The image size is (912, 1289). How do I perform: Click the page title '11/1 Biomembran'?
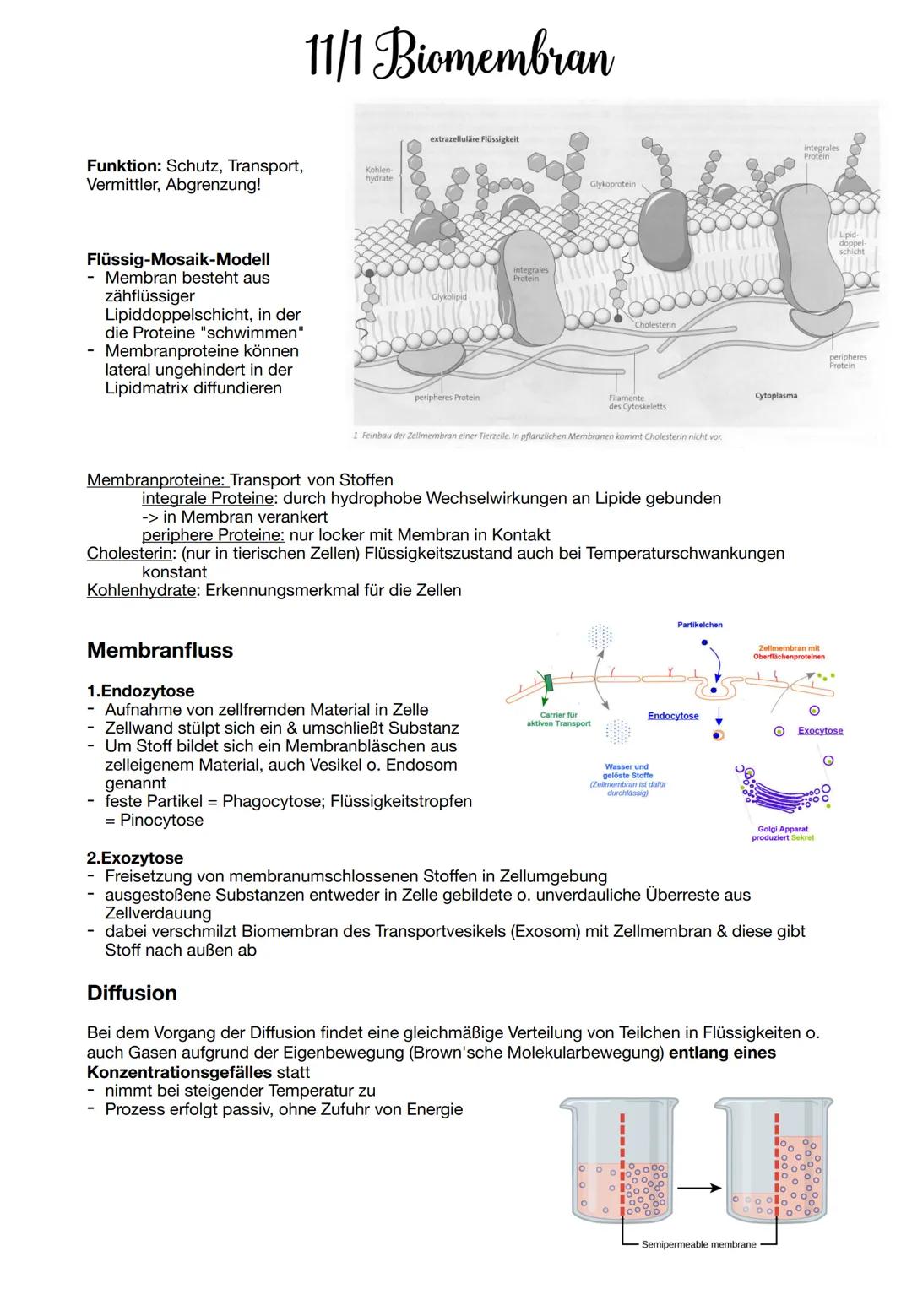click(x=459, y=57)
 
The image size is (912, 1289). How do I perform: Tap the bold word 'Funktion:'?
click(x=124, y=166)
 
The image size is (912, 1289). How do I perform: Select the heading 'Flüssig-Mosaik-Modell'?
click(x=178, y=259)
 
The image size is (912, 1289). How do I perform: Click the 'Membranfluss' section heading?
click(x=160, y=650)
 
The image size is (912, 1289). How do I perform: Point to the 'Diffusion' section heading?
click(x=132, y=993)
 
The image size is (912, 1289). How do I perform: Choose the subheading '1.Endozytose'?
click(x=140, y=691)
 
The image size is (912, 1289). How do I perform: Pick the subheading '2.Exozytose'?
click(x=135, y=858)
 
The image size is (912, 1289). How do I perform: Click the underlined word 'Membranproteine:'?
click(x=156, y=480)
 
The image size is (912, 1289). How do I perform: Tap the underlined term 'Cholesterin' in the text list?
click(x=131, y=554)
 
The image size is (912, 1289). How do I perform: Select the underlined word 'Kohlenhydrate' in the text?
click(x=141, y=590)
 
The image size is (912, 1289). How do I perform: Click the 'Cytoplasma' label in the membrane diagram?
click(x=775, y=395)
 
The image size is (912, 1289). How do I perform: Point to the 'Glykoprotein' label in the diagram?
click(x=612, y=183)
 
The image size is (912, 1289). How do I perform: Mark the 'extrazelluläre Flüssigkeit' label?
click(x=474, y=139)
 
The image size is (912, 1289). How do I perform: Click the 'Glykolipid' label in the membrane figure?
click(x=448, y=297)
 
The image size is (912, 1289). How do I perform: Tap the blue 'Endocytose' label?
click(x=673, y=716)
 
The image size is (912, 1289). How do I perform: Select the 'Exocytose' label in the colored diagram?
click(x=820, y=731)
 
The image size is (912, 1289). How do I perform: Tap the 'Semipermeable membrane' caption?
click(x=698, y=1244)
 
